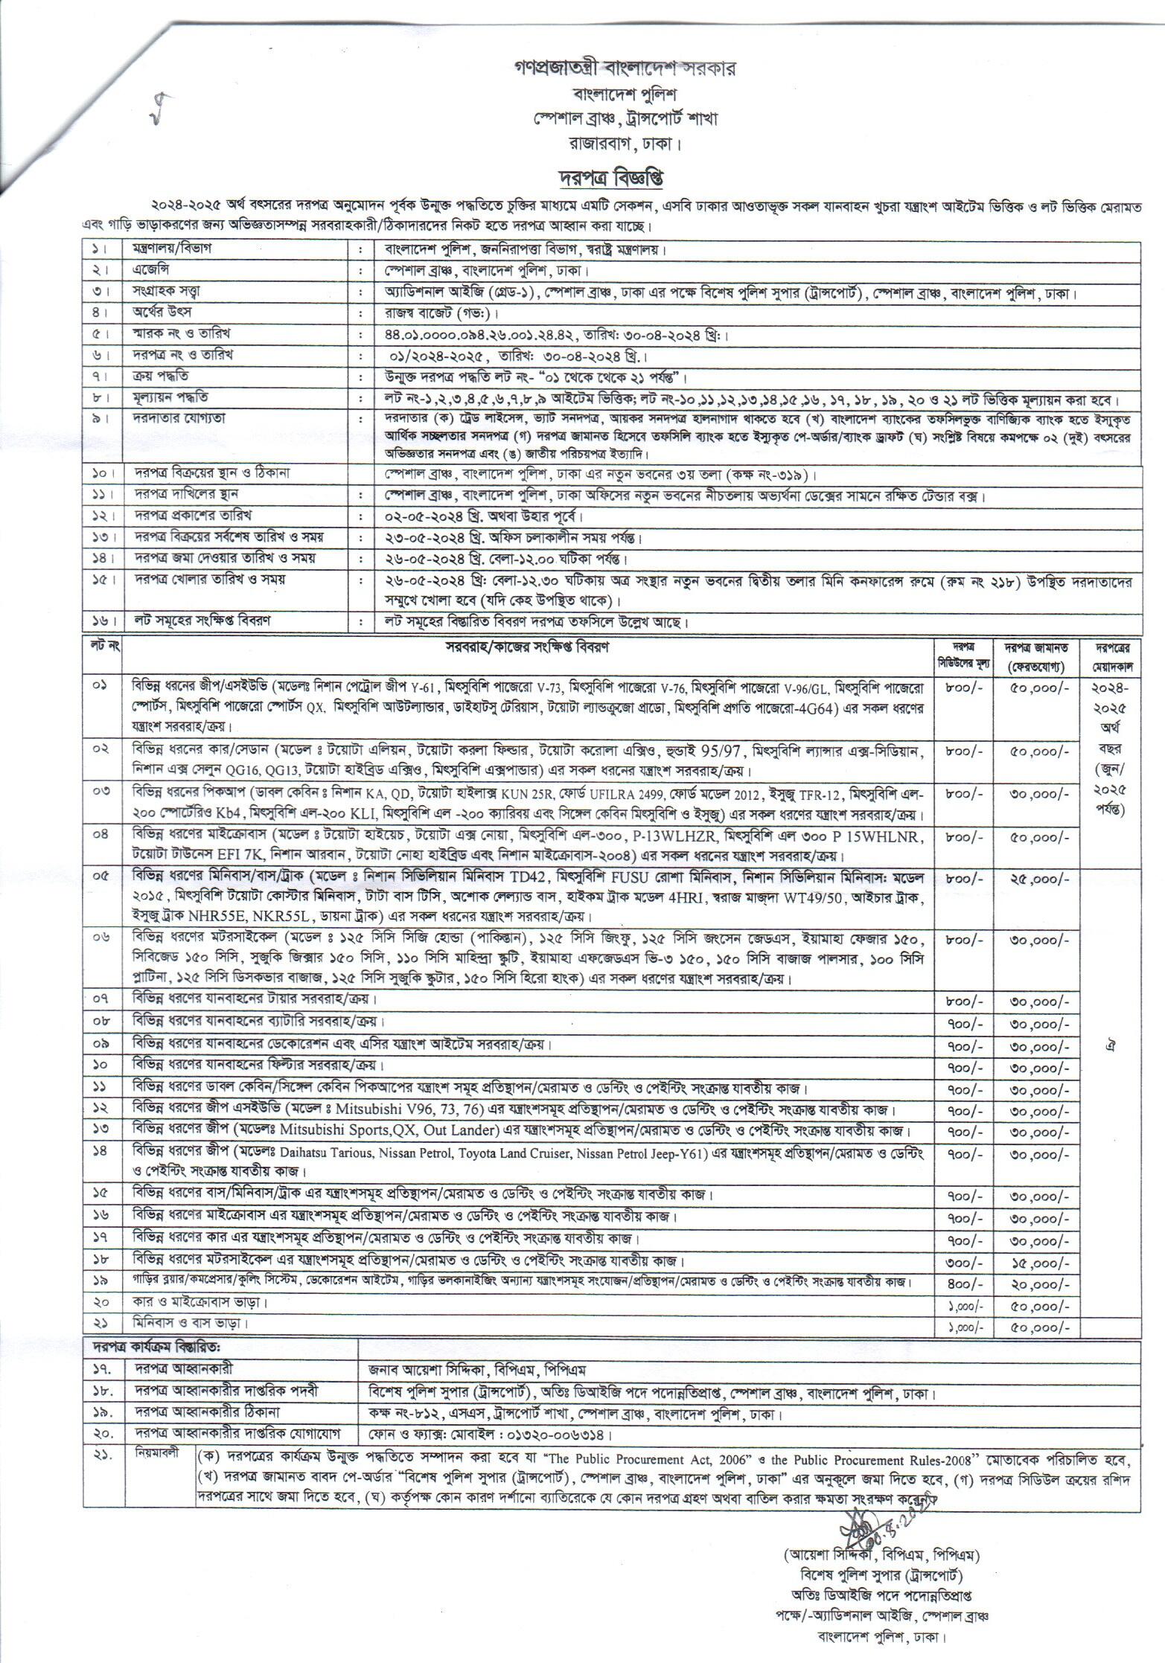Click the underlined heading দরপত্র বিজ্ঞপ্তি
pyautogui.click(x=610, y=179)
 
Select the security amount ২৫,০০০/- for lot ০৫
pyautogui.click(x=1039, y=879)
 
